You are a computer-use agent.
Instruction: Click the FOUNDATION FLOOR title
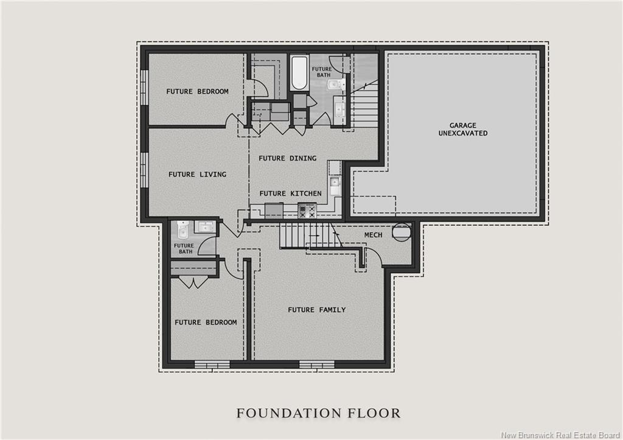[318, 413]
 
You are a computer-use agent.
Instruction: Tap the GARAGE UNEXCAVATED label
[463, 129]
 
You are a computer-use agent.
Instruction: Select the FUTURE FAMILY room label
[316, 310]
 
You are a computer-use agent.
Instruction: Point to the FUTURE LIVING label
[197, 174]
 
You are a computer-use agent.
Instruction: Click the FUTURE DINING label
[287, 158]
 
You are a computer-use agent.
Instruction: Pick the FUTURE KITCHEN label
[290, 194]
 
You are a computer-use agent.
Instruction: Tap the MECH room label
[373, 235]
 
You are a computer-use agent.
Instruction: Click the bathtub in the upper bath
[299, 74]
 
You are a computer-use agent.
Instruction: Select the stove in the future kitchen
[307, 210]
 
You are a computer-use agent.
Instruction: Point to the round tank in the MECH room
[402, 232]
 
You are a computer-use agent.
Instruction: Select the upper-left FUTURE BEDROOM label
[197, 91]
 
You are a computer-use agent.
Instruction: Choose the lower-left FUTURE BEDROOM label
[206, 323]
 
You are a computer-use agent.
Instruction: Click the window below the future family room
[316, 365]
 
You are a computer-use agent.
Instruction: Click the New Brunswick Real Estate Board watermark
[560, 435]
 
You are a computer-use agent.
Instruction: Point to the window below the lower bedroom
[212, 365]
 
